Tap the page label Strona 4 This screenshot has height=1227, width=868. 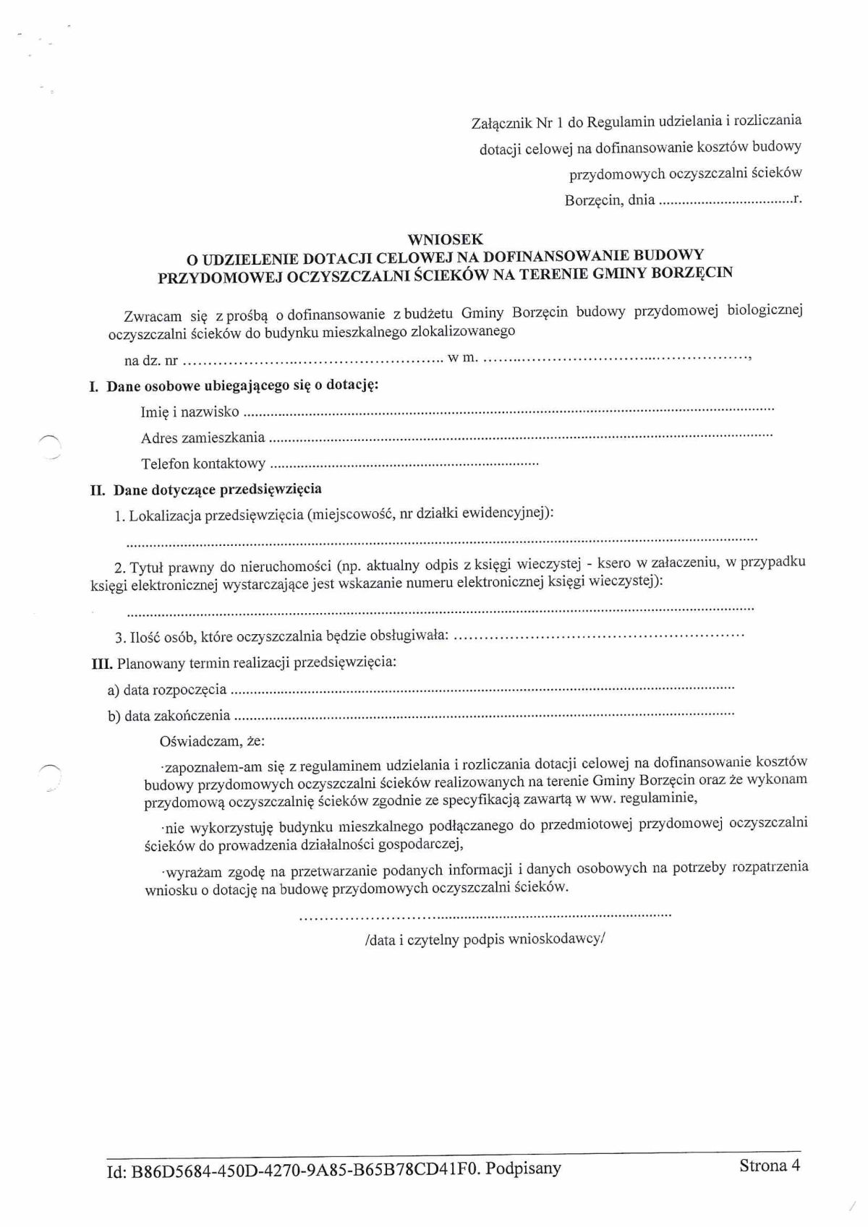(x=770, y=1165)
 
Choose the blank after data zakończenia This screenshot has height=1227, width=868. (x=485, y=715)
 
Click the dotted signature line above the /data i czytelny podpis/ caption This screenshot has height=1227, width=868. (x=485, y=917)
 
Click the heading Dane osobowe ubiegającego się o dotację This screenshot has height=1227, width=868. (x=242, y=386)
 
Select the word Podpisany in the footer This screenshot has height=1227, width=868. (x=524, y=1168)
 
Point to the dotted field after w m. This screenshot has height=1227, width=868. (x=615, y=357)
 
